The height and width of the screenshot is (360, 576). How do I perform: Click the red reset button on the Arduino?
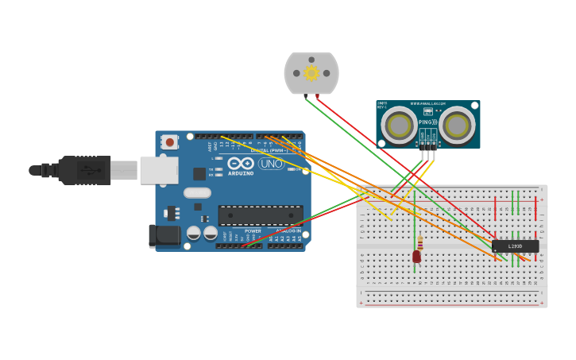[x=169, y=142]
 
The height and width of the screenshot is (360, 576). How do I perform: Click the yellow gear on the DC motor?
[x=311, y=73]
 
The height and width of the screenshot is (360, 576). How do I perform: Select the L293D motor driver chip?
[x=515, y=246]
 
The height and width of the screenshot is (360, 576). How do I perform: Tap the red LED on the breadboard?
[x=416, y=256]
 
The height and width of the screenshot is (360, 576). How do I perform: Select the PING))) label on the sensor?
[x=427, y=122]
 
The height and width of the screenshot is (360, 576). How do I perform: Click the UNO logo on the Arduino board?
[x=271, y=164]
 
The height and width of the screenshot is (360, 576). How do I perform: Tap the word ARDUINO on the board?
[x=241, y=172]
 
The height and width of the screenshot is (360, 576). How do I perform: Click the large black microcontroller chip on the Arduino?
[x=260, y=215]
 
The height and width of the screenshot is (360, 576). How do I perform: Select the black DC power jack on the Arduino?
[x=164, y=235]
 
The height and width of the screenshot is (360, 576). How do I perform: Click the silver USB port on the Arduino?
[x=159, y=170]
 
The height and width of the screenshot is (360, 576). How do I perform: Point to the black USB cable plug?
[x=83, y=170]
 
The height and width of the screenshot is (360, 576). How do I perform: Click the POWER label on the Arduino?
[x=252, y=230]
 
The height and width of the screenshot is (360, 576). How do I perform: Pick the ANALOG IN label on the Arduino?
[x=288, y=230]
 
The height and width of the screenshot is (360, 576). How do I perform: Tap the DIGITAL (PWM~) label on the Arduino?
[x=270, y=149]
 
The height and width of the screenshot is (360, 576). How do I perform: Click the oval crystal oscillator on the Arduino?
[x=197, y=192]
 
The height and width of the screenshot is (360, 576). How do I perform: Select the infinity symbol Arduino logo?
[x=241, y=163]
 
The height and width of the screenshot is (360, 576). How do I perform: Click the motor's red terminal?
[x=318, y=96]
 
